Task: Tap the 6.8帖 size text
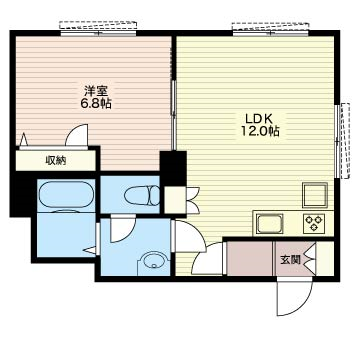(97, 104)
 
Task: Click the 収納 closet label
(56, 161)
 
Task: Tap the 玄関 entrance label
(290, 260)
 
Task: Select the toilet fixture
(142, 195)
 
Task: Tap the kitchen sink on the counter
(269, 224)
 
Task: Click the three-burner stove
(314, 223)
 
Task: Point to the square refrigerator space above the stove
(315, 195)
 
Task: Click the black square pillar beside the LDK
(173, 168)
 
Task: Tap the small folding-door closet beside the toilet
(175, 200)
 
